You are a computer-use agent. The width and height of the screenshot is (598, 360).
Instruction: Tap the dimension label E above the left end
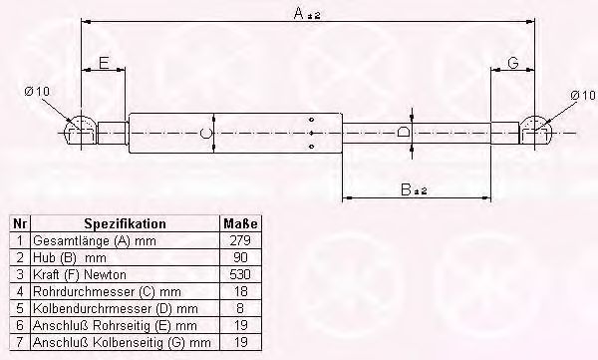pos(104,62)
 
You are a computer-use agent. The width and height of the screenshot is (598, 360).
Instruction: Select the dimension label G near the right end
pos(513,62)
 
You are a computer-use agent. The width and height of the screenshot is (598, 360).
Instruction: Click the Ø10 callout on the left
pos(37,91)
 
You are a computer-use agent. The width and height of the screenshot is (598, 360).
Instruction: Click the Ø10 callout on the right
pos(582,95)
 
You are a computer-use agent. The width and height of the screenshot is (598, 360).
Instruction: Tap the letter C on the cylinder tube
pos(205,133)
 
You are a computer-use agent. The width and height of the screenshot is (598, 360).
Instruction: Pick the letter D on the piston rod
pos(403,132)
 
